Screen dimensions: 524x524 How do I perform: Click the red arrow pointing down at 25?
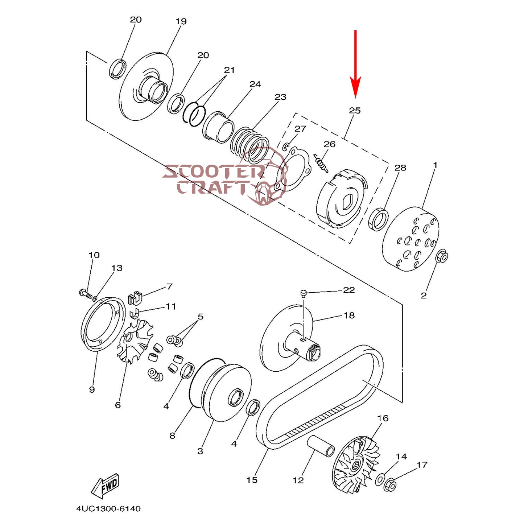(x=355, y=65)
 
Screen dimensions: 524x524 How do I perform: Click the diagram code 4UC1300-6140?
(x=108, y=509)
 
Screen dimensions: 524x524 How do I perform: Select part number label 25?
(x=355, y=110)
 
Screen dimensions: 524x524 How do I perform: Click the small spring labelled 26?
(x=321, y=162)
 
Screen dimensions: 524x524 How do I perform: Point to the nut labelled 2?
(x=442, y=256)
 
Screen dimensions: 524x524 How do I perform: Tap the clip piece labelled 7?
(x=135, y=298)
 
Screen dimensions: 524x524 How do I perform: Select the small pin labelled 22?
(x=304, y=293)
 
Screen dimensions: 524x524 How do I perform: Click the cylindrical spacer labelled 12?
(x=321, y=446)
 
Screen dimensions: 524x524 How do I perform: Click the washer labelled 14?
(x=380, y=479)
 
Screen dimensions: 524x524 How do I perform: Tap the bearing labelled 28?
(x=378, y=219)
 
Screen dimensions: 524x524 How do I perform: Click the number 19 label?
(x=181, y=21)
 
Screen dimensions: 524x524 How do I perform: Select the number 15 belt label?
(x=252, y=480)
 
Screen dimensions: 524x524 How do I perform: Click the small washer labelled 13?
(x=95, y=299)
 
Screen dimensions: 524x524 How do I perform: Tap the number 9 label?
(x=92, y=389)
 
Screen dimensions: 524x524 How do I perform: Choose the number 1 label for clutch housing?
(x=435, y=165)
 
